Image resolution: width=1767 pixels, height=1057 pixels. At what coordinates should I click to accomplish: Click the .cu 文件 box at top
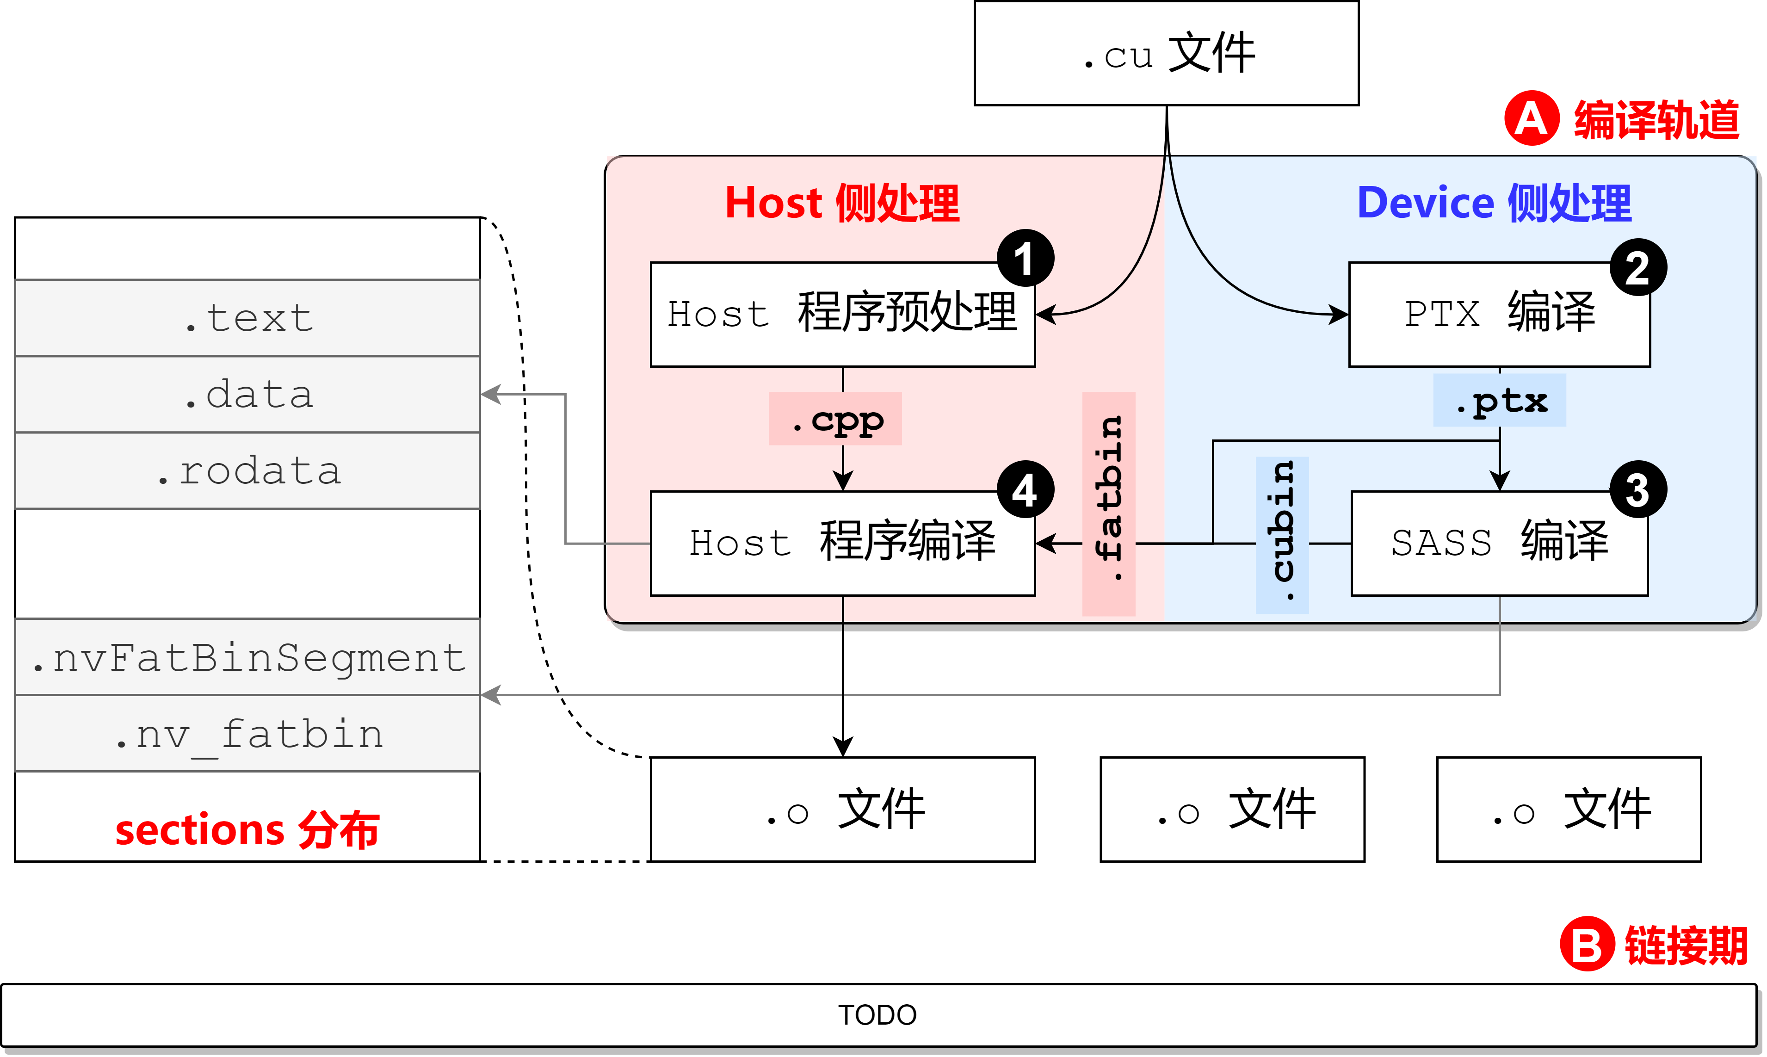(1166, 53)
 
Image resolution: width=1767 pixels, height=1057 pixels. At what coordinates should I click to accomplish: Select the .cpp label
(835, 420)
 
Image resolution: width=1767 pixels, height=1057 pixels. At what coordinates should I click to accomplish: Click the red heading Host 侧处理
(842, 203)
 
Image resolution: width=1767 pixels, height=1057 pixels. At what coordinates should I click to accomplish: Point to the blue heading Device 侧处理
(1494, 203)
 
